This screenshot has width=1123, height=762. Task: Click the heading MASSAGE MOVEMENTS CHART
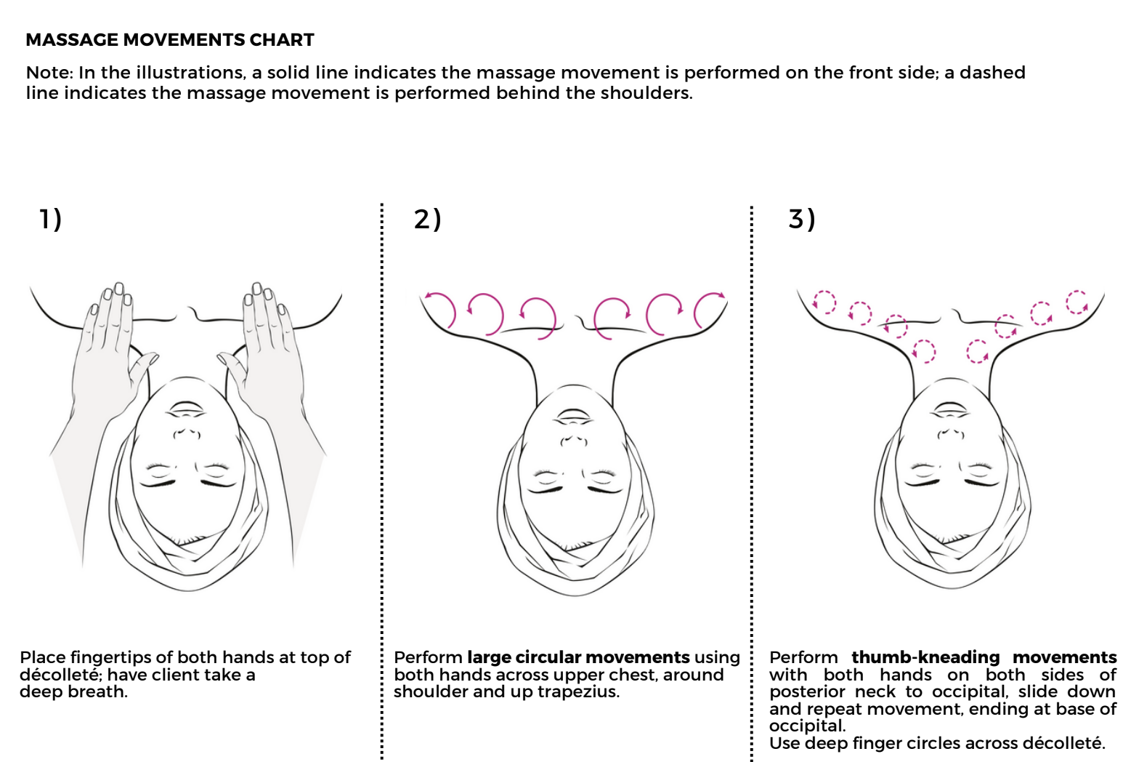click(x=169, y=40)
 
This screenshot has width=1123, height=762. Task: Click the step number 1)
click(x=50, y=219)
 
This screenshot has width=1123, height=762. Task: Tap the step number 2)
click(x=427, y=219)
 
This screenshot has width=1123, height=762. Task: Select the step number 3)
click(x=802, y=219)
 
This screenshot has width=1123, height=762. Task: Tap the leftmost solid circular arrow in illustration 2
click(x=439, y=309)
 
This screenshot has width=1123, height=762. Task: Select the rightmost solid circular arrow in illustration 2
click(x=710, y=308)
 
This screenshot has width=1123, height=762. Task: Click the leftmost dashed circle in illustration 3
click(x=824, y=301)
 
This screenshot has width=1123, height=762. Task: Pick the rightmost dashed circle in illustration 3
click(x=1077, y=301)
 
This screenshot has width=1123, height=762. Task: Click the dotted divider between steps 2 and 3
click(x=752, y=480)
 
